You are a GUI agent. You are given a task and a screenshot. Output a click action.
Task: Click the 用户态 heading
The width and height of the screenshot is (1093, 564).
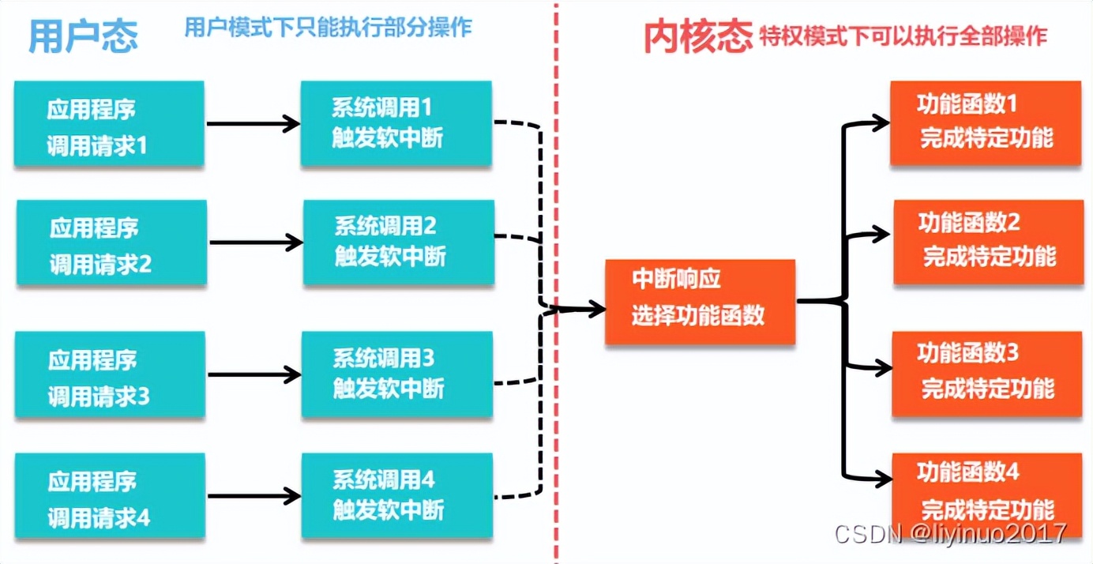(x=83, y=36)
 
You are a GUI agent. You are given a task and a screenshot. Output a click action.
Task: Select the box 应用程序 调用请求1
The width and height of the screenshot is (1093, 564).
(x=109, y=124)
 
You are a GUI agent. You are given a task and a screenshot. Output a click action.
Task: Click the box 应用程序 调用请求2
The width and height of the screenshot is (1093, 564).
(x=111, y=243)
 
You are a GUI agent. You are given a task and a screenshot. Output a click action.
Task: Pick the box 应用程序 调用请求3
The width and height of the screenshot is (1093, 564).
(x=111, y=375)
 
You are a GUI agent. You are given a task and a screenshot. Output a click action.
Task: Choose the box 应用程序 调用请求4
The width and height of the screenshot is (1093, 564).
(x=110, y=497)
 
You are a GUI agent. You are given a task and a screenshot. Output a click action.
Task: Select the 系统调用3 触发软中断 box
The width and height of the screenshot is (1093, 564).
(x=396, y=374)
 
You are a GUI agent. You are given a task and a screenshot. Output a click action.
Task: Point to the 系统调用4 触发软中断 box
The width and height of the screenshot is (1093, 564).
(x=396, y=495)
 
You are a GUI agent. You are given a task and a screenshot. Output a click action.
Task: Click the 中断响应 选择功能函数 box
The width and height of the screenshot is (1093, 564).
(x=700, y=302)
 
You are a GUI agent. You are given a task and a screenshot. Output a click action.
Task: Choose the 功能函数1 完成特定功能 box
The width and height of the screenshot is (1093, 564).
(x=986, y=122)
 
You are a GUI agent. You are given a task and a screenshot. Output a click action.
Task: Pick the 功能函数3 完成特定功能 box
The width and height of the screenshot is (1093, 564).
(x=987, y=373)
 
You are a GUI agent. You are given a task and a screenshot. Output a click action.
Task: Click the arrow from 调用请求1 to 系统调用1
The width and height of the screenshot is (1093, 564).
(x=253, y=123)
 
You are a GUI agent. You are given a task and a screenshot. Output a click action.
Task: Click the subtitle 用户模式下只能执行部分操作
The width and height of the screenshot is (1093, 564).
(x=328, y=28)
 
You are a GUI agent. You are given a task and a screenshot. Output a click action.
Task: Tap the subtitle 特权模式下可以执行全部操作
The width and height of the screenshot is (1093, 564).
(x=903, y=36)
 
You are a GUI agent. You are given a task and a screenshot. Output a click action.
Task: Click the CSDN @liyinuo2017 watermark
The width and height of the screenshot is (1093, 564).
(x=951, y=533)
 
